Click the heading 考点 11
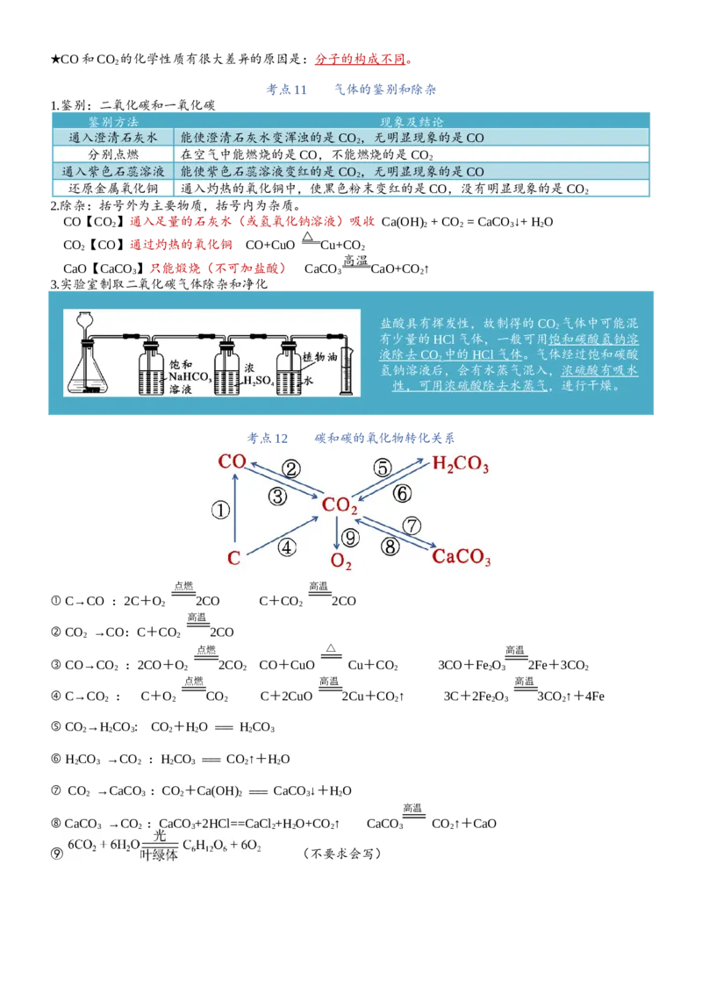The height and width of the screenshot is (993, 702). tap(286, 89)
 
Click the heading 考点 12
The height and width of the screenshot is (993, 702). tap(268, 438)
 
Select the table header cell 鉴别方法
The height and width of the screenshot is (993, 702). tap(113, 122)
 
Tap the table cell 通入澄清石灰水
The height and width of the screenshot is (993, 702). tap(113, 138)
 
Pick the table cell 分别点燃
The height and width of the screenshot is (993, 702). tap(113, 154)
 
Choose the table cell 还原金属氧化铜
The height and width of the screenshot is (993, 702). tap(113, 188)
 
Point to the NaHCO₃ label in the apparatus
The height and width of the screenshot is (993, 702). tap(189, 377)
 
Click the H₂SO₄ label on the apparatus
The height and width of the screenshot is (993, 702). tap(259, 381)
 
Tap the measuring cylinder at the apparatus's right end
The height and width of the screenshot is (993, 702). tap(347, 371)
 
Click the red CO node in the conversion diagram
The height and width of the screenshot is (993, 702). tap(232, 461)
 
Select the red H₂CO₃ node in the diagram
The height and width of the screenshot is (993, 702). tap(461, 464)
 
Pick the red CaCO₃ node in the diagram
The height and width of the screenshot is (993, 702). tap(462, 557)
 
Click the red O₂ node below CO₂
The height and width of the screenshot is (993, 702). tap(340, 561)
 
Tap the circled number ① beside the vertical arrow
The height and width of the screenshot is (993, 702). tap(220, 510)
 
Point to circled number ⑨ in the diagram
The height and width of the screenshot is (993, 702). tap(350, 538)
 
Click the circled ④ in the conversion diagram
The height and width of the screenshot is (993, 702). tap(287, 547)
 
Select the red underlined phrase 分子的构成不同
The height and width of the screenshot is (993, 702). tap(360, 59)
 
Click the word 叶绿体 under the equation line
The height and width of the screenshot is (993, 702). tap(159, 855)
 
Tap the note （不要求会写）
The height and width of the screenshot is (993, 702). tap(341, 853)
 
